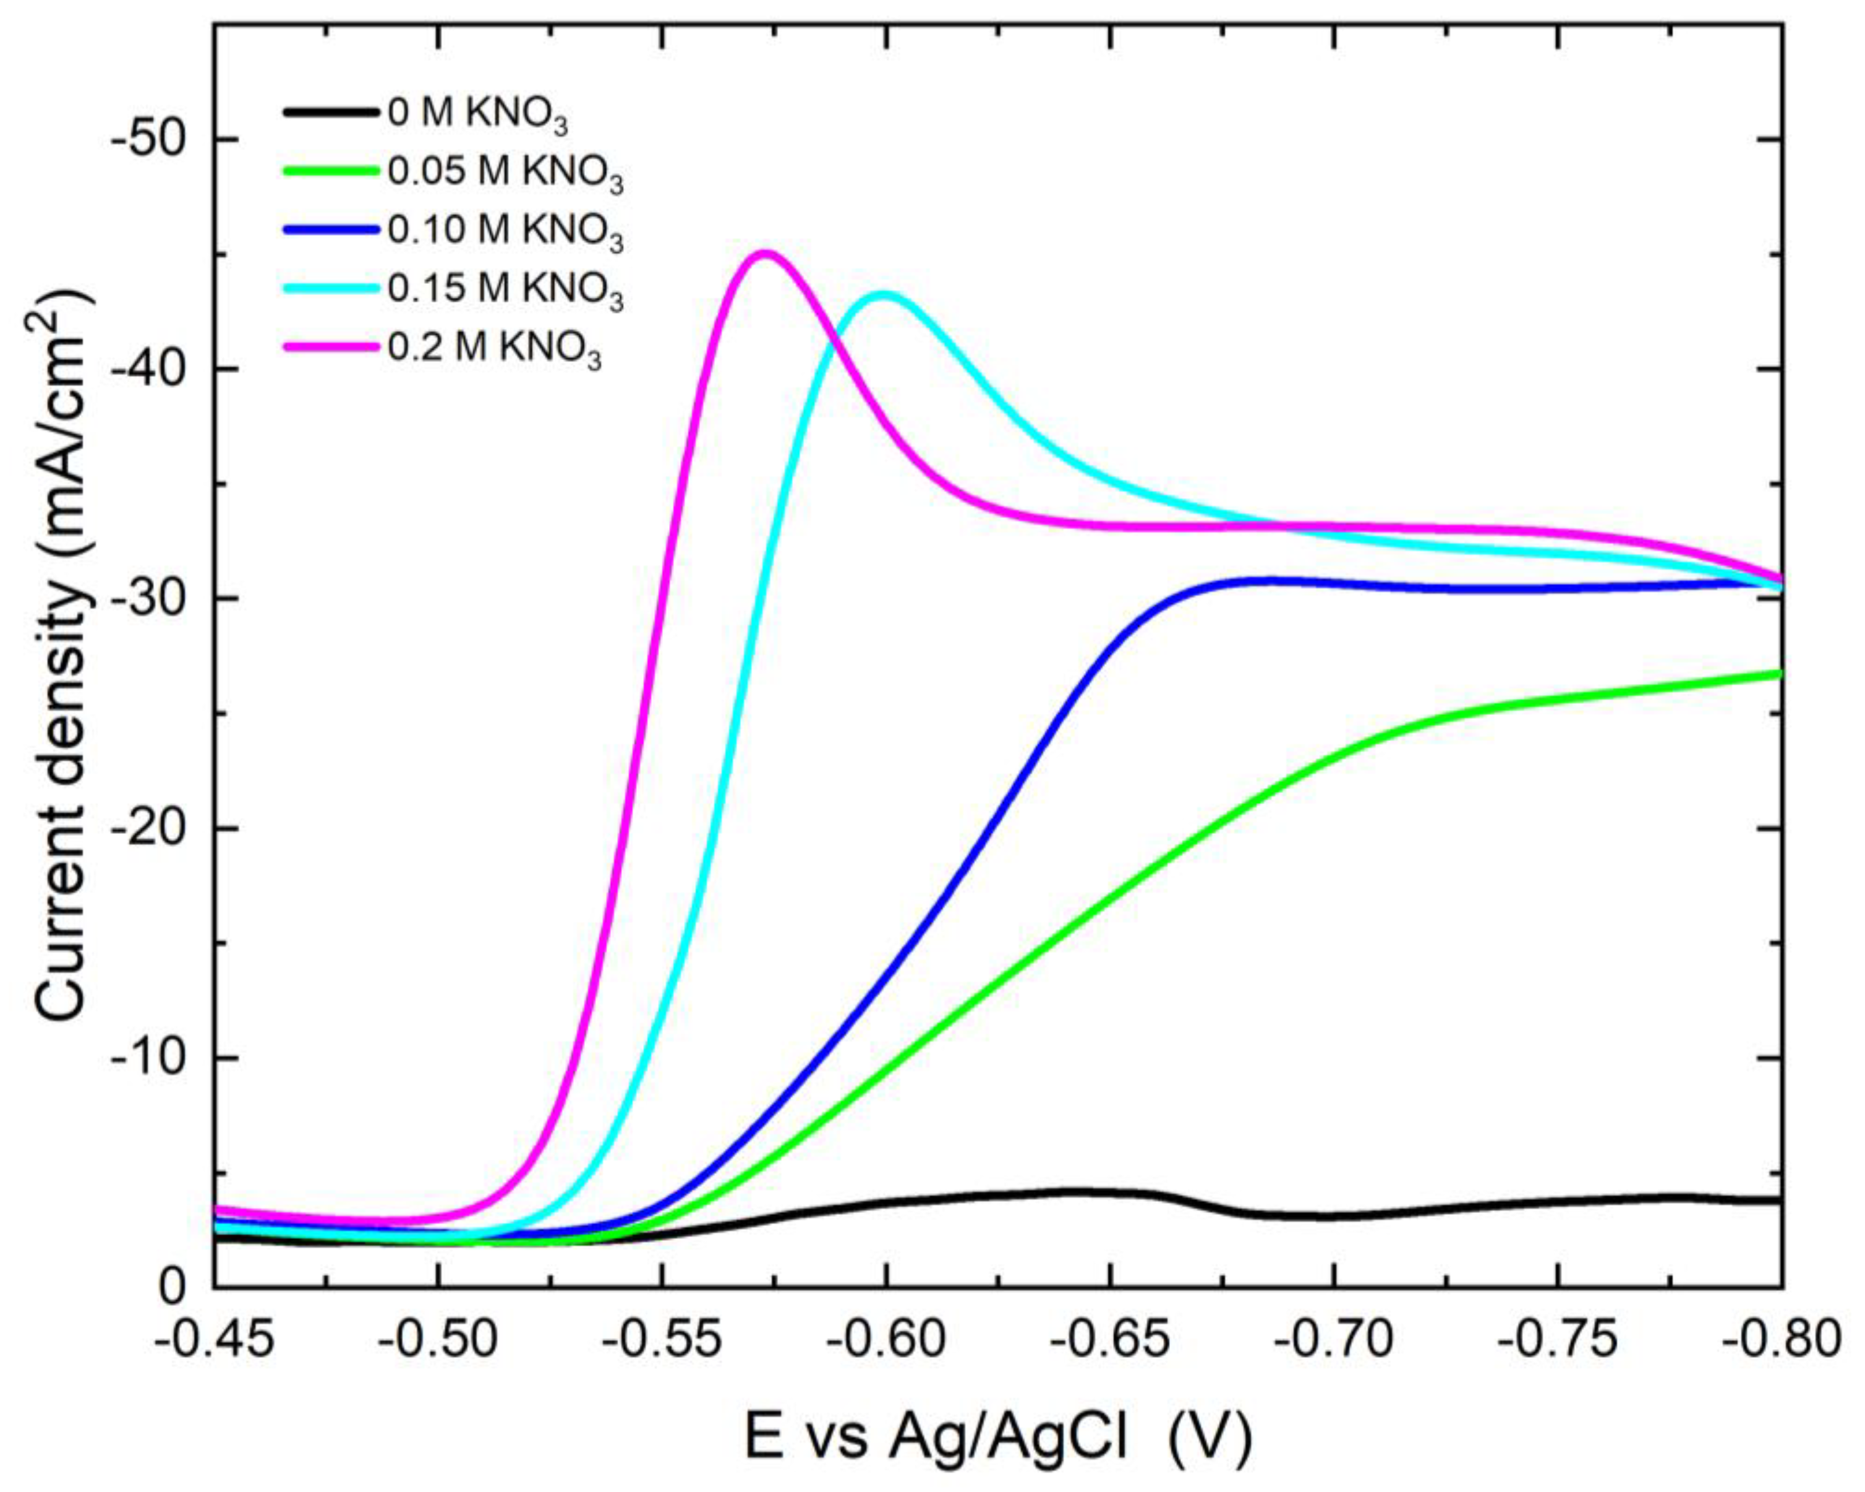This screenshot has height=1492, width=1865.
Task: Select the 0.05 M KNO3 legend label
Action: tap(505, 174)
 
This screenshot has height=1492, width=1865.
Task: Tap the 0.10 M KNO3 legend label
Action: tap(505, 233)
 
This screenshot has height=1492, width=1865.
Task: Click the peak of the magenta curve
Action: tap(763, 254)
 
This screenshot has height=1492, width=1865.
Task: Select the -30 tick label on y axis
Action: tap(150, 598)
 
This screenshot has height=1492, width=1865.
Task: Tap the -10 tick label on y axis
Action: tap(150, 1058)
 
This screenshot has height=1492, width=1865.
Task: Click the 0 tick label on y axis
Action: tap(173, 1288)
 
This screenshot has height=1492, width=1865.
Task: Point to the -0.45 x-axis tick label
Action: tap(215, 1340)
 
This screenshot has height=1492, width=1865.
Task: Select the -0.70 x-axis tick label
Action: tap(1334, 1340)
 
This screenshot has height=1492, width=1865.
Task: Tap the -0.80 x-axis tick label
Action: tap(1780, 1340)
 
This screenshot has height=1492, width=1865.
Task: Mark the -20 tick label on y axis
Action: tap(150, 828)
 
